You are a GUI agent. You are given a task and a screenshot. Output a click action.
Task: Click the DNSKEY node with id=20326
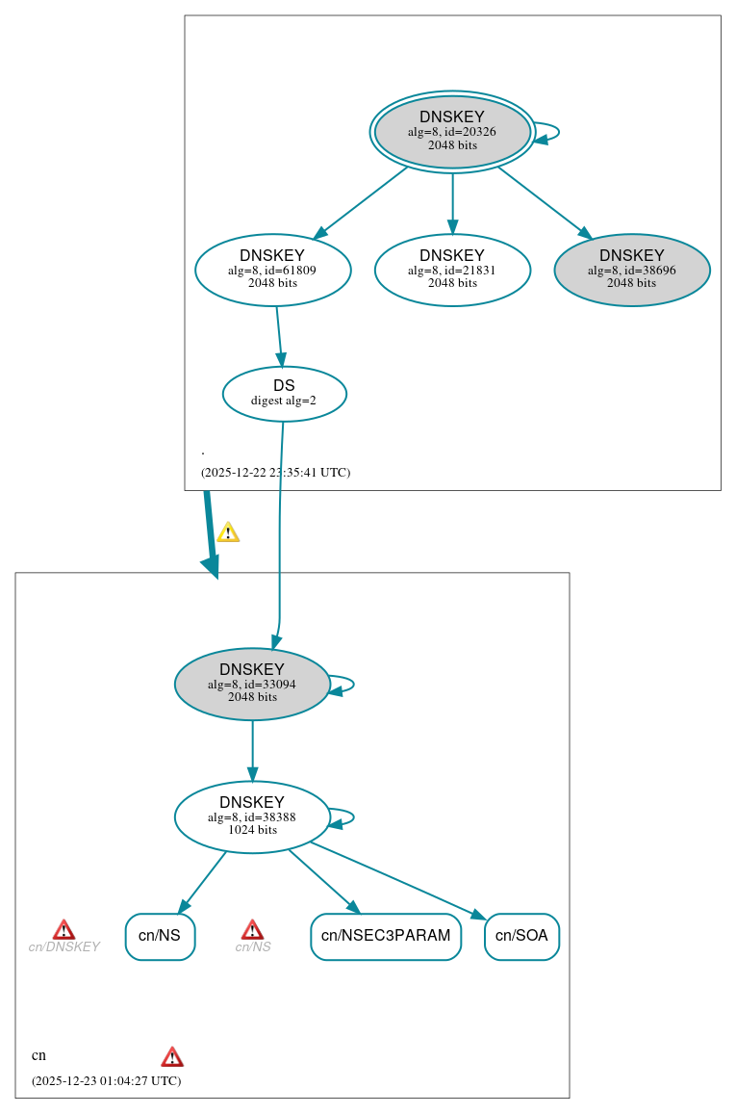point(452,132)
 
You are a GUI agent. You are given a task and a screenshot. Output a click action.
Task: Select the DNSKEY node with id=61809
point(272,270)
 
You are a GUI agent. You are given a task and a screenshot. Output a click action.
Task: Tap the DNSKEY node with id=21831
point(452,270)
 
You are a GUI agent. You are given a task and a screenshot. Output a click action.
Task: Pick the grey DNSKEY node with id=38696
point(632,270)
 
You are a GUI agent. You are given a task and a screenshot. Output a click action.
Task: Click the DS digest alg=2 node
point(284,393)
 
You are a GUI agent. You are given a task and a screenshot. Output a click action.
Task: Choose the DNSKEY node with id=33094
point(252,684)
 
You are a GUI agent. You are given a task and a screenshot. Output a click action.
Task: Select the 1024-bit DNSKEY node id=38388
point(252,816)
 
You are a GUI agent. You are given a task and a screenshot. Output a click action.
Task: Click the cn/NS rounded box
point(160,936)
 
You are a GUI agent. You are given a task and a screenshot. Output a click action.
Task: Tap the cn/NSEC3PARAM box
point(386,936)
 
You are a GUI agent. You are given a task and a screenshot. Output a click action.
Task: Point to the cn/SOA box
point(521,936)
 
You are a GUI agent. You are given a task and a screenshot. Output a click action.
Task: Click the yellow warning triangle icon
point(228,532)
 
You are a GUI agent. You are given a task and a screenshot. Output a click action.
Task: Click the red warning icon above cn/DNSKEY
point(63,929)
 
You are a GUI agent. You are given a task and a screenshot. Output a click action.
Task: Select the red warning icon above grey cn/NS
point(252,929)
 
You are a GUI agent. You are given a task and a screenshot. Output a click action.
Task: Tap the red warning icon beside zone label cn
point(172,1057)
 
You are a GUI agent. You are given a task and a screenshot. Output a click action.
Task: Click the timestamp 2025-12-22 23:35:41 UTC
point(275,473)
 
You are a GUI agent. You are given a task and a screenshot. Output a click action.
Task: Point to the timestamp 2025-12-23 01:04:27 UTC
point(106,1080)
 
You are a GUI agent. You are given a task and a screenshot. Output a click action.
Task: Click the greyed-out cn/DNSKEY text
point(63,947)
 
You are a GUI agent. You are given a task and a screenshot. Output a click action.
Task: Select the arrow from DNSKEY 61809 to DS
point(280,336)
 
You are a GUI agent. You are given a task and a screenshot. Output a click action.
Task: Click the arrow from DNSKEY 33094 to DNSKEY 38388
point(252,751)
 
